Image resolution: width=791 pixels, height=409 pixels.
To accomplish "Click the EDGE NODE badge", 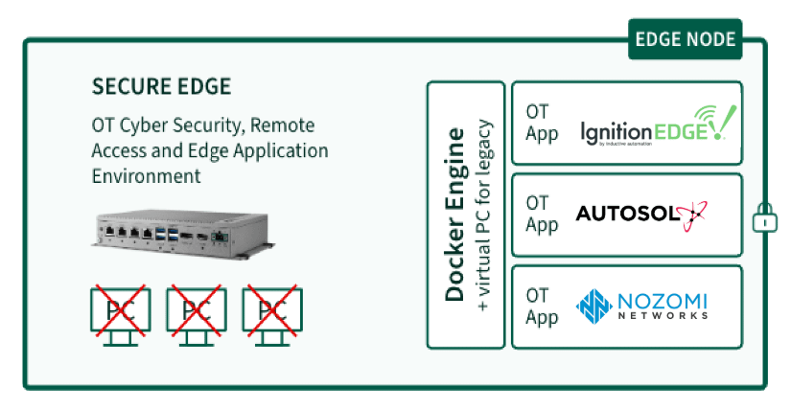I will pyautogui.click(x=685, y=39).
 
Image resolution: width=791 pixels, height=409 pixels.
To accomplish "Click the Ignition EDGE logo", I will pyautogui.click(x=652, y=126).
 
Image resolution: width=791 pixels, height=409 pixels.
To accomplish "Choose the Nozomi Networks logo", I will pyautogui.click(x=642, y=306).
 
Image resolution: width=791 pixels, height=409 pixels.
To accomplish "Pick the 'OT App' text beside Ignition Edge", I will pyautogui.click(x=541, y=122).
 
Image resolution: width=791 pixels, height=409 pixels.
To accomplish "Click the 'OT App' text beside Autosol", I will pyautogui.click(x=541, y=214).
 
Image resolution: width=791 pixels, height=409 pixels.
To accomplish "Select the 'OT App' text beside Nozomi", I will pyautogui.click(x=541, y=306).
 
